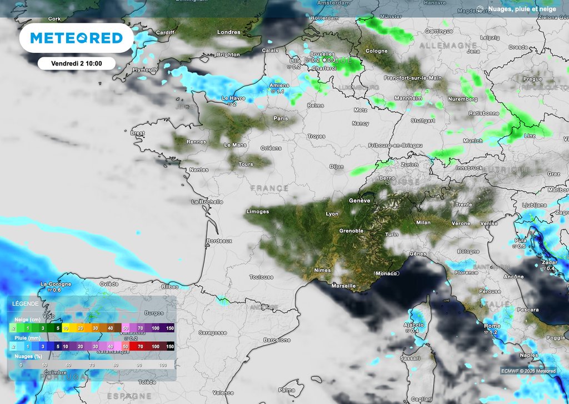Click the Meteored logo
pos(76,38)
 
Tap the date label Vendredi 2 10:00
pos(76,63)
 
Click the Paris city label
pos(281,118)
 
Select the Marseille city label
pos(343,286)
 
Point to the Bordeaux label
pos(219,241)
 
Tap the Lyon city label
pos(332,214)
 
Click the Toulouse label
pos(261,277)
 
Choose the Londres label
pos(228,32)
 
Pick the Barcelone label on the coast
pos(277,340)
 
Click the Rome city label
pos(492,326)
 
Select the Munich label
pos(473,141)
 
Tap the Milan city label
pos(423,222)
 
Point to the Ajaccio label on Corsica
pos(413,325)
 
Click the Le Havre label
pos(233,98)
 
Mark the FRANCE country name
pos(269,188)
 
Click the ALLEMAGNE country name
pos(448,44)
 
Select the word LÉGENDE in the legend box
pos(26,304)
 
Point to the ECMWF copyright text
pos(528,371)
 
